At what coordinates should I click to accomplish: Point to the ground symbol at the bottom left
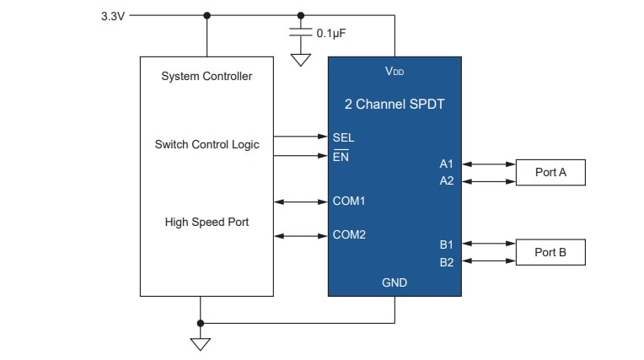click(x=200, y=343)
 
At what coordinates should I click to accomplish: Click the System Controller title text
click(x=207, y=77)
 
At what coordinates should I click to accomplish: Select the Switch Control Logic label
click(x=207, y=144)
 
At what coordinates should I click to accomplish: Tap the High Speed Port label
click(x=207, y=222)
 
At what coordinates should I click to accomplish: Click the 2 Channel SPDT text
click(x=394, y=105)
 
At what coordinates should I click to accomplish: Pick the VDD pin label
click(x=394, y=72)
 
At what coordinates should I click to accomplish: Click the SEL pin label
click(x=344, y=137)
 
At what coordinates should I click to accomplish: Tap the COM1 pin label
click(x=349, y=201)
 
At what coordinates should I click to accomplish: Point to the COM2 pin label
click(x=349, y=234)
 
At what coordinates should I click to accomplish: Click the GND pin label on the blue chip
click(x=394, y=282)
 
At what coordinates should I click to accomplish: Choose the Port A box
click(x=550, y=173)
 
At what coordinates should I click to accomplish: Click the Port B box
click(x=550, y=252)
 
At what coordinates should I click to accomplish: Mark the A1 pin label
click(x=446, y=164)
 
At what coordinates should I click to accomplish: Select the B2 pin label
click(x=446, y=261)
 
